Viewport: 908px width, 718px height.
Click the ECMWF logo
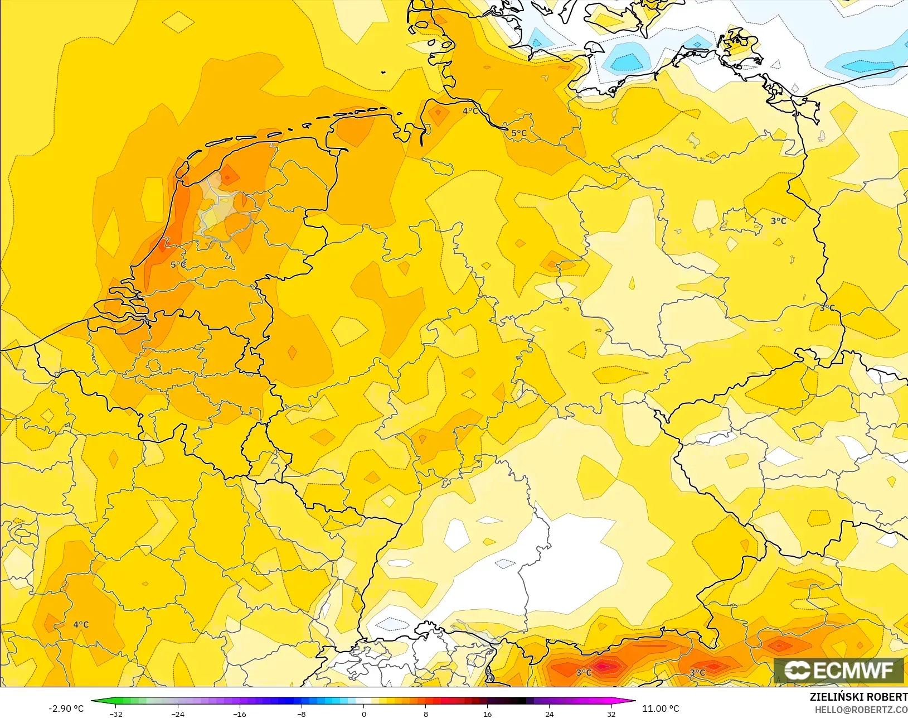point(838,670)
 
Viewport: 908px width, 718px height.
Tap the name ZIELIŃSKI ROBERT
point(858,697)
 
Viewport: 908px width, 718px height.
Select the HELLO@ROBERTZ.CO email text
point(861,710)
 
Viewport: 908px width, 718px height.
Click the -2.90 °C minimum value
point(66,709)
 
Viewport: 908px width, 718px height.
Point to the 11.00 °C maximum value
point(661,709)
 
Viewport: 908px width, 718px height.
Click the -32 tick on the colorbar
point(116,714)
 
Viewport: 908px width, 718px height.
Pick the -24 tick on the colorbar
point(178,714)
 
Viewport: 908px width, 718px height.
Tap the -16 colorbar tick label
point(240,714)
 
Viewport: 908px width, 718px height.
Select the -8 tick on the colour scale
point(302,714)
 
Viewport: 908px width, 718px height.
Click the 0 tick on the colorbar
point(364,714)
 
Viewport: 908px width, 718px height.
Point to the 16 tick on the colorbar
point(488,714)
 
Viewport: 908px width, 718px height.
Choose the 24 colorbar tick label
point(550,714)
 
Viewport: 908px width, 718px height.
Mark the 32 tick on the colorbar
point(611,714)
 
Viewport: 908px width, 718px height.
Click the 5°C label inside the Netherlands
point(178,264)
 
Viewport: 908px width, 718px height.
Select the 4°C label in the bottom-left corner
point(81,624)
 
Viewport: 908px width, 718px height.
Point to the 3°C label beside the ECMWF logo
point(697,672)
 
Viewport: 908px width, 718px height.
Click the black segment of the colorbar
point(518,701)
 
